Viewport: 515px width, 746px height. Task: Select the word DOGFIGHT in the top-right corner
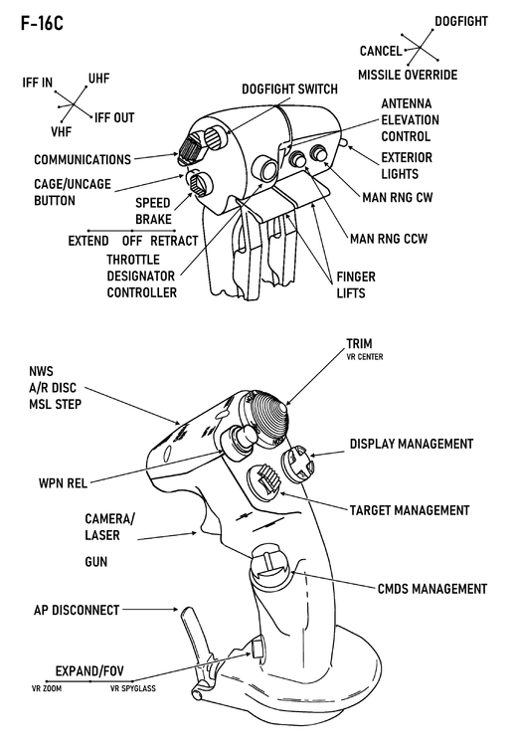click(x=461, y=21)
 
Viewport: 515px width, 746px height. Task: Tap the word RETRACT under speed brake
click(x=174, y=241)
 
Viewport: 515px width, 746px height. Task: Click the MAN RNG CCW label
click(x=396, y=239)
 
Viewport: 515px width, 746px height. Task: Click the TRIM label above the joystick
click(x=360, y=344)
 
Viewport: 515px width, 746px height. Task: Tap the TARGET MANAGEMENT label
click(x=409, y=510)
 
